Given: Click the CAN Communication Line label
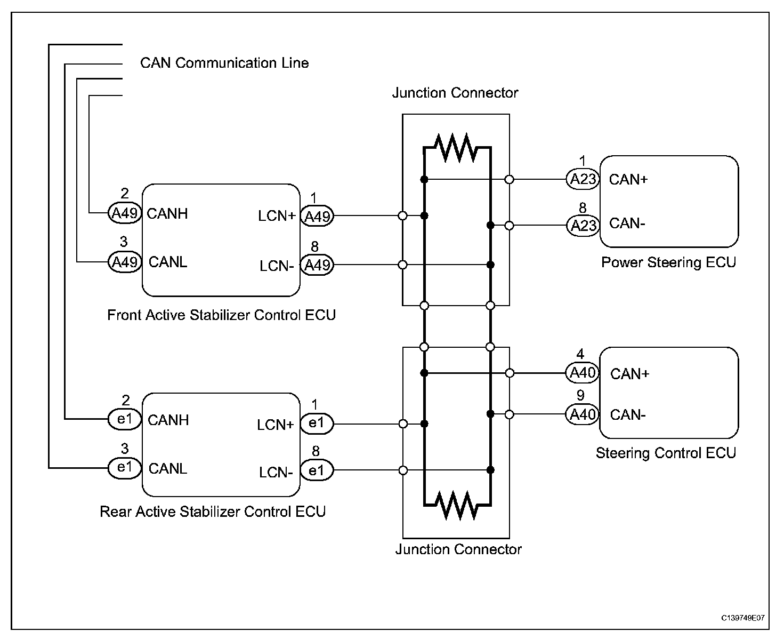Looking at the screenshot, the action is coord(224,63).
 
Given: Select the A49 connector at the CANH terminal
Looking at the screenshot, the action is coord(125,213).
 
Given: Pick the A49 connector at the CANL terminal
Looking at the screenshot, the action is coord(125,262).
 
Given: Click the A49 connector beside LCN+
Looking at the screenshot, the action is coord(317,216).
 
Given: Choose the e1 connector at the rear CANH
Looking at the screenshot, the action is coord(125,419).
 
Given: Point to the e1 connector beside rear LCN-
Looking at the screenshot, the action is coord(317,470).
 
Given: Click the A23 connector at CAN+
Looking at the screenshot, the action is coord(583,179).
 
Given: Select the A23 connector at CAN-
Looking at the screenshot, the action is coord(583,226).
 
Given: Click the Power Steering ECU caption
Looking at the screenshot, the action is coord(668,262).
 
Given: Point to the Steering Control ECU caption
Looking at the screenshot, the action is coord(666,453).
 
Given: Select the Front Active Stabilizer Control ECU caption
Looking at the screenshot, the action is coord(222,315).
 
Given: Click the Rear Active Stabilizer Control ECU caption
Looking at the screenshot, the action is coord(213,512).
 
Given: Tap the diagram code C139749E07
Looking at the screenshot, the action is coord(742,618).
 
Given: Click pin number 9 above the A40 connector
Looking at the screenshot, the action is coord(580,395).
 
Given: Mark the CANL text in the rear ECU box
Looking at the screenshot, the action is coord(168,469).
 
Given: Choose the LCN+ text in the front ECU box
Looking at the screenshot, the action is coord(277,216).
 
